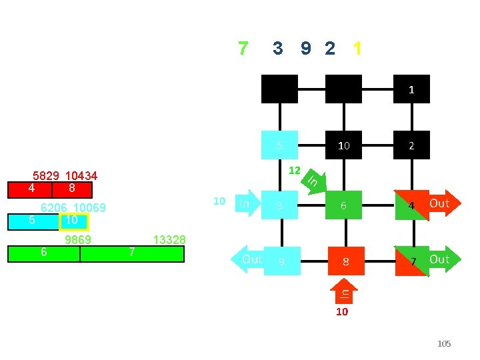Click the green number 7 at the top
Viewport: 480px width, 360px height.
(243, 49)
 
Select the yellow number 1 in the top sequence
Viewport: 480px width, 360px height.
(358, 49)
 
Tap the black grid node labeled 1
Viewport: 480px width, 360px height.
(411, 89)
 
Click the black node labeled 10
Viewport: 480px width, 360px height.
(343, 145)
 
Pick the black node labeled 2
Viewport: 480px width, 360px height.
(411, 145)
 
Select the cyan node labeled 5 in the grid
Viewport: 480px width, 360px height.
(280, 145)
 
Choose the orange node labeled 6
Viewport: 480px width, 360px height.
(344, 206)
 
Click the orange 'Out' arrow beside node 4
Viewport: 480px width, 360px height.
(439, 203)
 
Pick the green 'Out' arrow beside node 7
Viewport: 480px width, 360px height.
(439, 259)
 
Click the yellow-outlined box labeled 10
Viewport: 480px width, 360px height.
(73, 221)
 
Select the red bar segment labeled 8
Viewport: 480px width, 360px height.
(71, 189)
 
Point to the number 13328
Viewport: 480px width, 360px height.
(169, 240)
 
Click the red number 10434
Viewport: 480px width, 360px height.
(81, 177)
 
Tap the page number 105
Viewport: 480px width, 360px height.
(444, 344)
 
